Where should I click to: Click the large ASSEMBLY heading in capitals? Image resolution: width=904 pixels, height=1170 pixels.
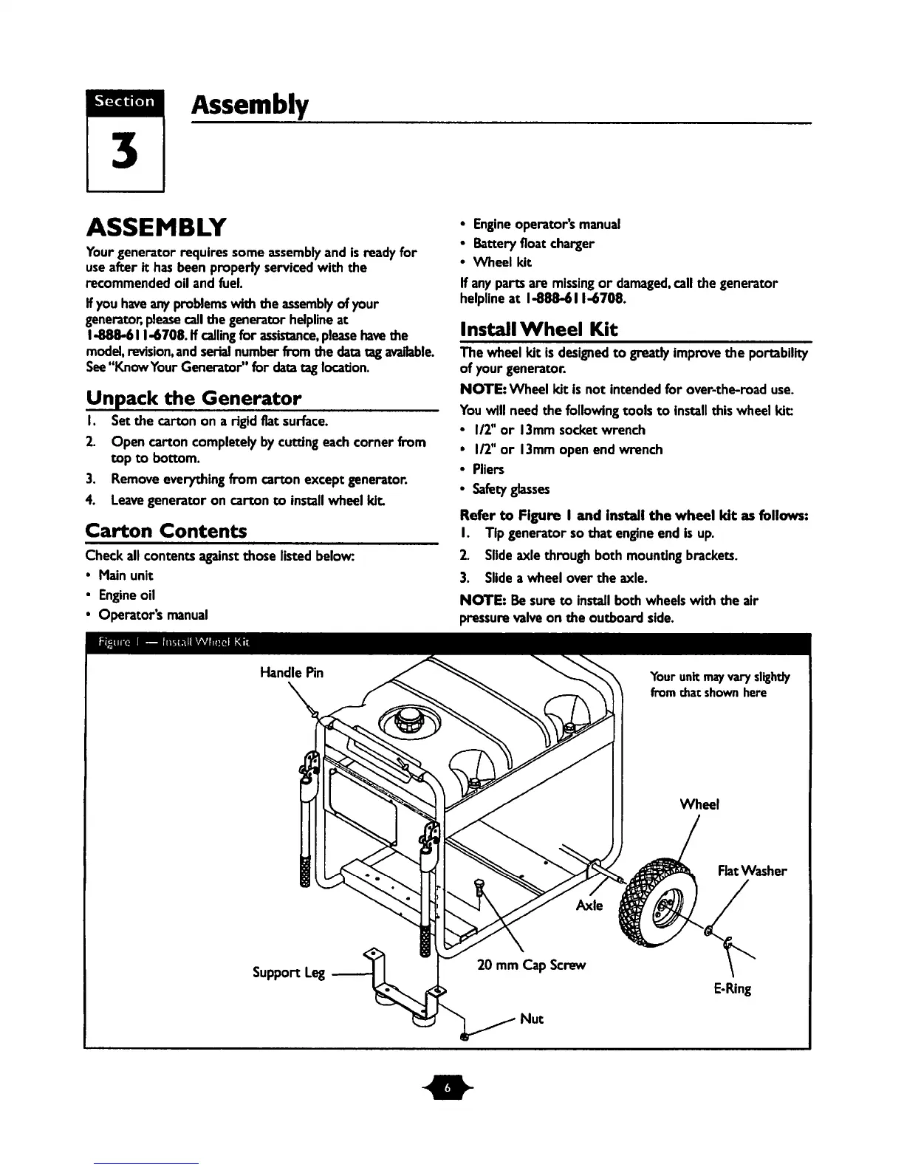[157, 225]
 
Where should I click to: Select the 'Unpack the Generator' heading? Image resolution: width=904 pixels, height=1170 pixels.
[194, 399]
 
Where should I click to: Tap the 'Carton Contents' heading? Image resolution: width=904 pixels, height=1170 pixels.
[166, 531]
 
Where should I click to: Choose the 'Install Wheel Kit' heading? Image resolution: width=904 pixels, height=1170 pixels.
[538, 329]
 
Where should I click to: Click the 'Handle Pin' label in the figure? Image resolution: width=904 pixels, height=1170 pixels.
[292, 672]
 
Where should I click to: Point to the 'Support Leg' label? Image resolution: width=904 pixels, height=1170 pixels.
[289, 972]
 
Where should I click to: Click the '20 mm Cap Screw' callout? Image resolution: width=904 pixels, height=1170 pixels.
[531, 965]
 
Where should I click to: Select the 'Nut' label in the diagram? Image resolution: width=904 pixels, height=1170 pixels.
[532, 1019]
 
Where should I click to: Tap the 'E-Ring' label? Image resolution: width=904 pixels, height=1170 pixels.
[733, 988]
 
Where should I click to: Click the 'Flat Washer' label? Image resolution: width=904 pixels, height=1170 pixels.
[752, 871]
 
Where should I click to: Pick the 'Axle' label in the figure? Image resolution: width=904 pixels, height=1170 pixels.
[589, 905]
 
